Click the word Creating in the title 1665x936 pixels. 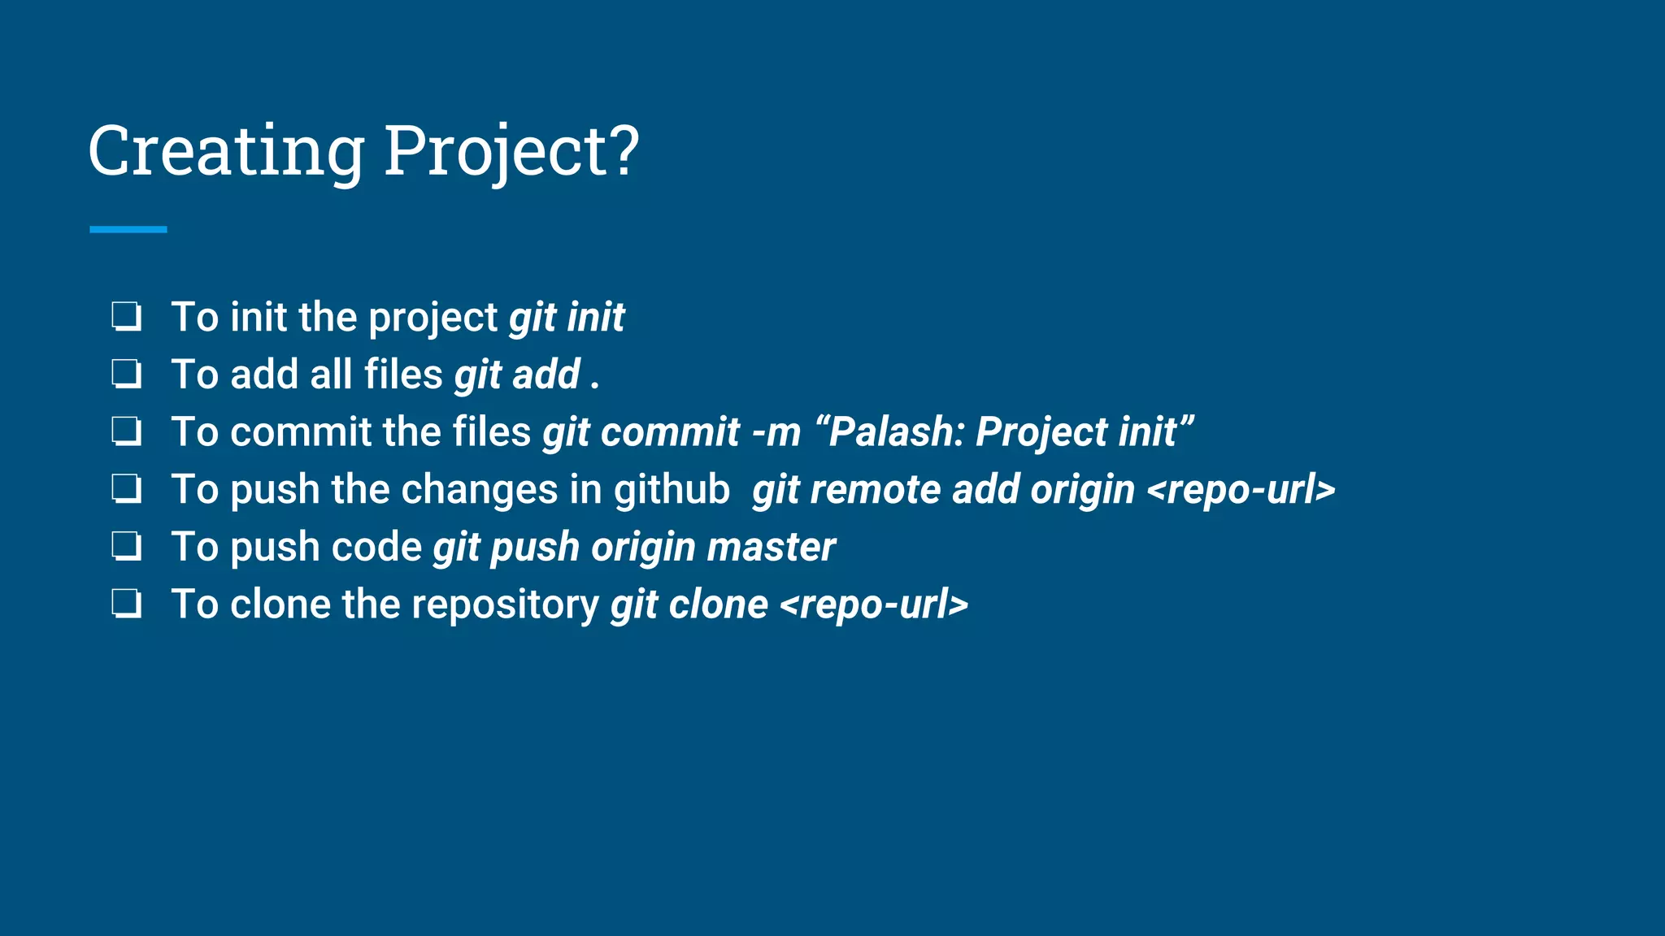[x=226, y=152]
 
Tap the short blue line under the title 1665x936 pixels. [x=128, y=230]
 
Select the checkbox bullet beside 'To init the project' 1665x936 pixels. [x=127, y=317]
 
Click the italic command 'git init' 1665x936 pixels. [x=567, y=318]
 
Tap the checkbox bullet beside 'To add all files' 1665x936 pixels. [x=127, y=375]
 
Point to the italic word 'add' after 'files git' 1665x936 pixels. [x=546, y=375]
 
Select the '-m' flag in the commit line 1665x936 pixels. [x=776, y=432]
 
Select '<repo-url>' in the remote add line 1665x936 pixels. [x=1241, y=490]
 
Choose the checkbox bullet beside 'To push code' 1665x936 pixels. [x=127, y=547]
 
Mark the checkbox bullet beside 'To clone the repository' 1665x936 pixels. [x=127, y=604]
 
